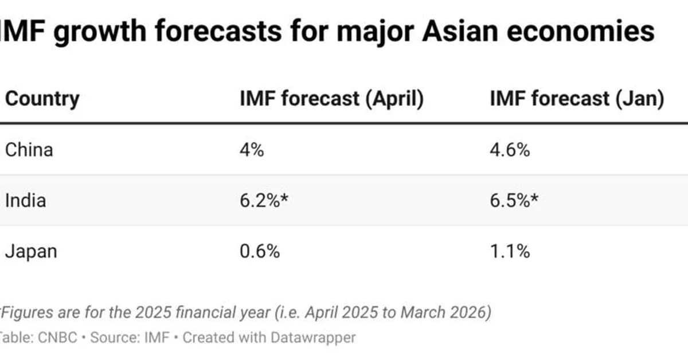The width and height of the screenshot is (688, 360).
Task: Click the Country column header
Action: click(42, 99)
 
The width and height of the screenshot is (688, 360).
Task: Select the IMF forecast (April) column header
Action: click(331, 99)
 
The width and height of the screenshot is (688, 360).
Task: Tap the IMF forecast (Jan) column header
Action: click(577, 99)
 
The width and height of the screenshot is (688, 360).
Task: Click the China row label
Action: click(29, 150)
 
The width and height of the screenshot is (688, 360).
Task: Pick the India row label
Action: click(26, 201)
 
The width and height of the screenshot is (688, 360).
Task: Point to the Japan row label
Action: click(31, 251)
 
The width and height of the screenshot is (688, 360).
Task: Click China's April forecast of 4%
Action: click(252, 150)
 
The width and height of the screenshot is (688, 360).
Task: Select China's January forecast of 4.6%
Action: click(510, 150)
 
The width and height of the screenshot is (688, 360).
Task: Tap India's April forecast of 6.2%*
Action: click(264, 201)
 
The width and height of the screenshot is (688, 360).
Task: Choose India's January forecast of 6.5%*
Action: click(514, 201)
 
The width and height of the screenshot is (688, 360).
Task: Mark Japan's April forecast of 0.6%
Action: click(260, 251)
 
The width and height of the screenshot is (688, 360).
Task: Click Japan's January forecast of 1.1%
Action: click(510, 251)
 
